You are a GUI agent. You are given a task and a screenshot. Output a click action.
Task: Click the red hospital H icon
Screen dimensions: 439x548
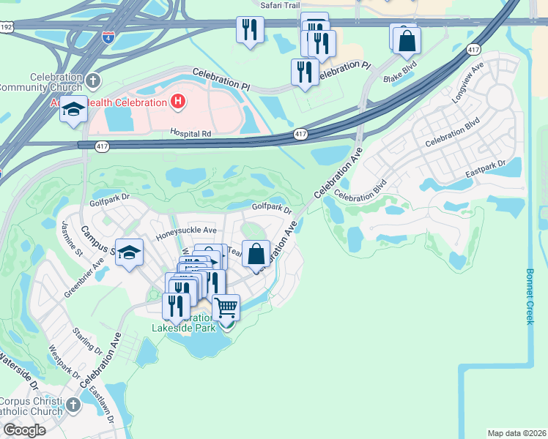click(176, 102)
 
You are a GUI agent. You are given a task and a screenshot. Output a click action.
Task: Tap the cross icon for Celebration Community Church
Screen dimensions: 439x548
click(93, 80)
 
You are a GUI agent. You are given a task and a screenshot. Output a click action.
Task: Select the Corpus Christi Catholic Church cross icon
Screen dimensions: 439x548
click(73, 405)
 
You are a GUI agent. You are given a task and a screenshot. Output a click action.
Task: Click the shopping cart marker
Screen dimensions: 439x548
click(226, 308)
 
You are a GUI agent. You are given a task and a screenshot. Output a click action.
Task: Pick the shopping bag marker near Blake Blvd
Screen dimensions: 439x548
click(407, 40)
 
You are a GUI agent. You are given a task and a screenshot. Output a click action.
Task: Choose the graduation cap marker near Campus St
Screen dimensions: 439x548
click(130, 254)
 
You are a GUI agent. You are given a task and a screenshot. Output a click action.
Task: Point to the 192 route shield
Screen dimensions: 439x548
click(6, 26)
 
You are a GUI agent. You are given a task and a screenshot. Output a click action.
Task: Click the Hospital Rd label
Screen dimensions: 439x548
click(190, 134)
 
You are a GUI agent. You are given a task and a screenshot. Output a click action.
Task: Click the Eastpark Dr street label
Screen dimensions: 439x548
click(486, 170)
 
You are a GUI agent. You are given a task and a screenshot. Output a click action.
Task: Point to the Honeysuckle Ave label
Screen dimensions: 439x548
click(187, 232)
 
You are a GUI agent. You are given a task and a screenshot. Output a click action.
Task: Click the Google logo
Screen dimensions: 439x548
click(24, 430)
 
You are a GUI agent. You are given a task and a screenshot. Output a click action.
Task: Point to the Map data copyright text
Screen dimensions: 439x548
click(516, 433)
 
